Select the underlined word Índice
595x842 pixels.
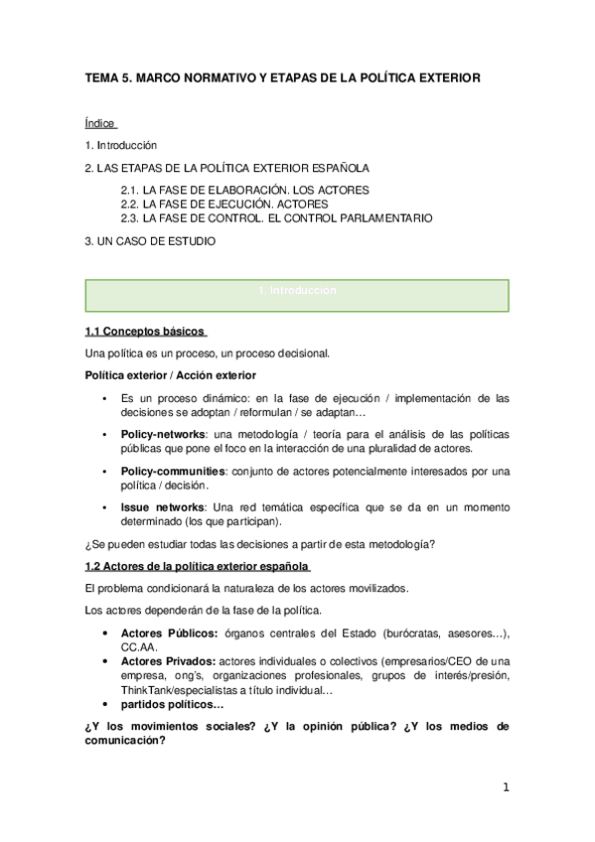coord(100,123)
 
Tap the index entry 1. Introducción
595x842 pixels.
coord(121,146)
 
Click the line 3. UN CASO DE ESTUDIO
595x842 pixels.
coord(149,240)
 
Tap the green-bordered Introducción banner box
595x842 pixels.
coord(297,295)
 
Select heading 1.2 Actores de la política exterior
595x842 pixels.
coord(197,567)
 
